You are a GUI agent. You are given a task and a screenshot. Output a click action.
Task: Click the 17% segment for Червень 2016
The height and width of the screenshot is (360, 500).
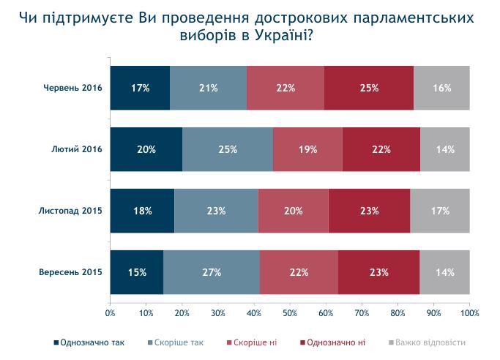click(x=140, y=88)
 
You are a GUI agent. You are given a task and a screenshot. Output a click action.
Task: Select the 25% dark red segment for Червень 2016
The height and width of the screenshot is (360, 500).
click(x=369, y=88)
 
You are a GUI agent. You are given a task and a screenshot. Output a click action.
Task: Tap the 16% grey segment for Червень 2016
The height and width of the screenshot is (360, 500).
click(x=441, y=88)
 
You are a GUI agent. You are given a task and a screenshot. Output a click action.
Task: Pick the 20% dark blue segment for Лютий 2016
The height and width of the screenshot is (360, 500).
click(x=146, y=149)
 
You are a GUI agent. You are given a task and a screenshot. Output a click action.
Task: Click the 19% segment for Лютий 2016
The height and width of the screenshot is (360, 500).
click(x=307, y=149)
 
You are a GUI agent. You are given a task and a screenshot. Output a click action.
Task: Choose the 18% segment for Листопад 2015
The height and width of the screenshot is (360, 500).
click(x=142, y=211)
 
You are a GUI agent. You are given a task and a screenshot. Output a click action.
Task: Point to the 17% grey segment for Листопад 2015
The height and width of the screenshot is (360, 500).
click(x=439, y=211)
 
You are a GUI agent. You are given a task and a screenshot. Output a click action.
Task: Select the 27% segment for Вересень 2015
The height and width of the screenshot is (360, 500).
click(x=212, y=272)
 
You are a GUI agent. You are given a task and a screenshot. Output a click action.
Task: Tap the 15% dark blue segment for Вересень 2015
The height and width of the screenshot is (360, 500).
click(x=137, y=272)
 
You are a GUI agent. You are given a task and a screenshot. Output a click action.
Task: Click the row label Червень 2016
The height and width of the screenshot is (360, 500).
click(x=71, y=88)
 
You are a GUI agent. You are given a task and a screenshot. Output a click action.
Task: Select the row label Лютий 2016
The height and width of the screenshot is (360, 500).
click(x=76, y=149)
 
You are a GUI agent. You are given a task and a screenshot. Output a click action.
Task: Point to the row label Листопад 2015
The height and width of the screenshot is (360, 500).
click(x=70, y=211)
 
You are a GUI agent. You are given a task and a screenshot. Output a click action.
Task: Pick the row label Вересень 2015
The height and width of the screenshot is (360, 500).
click(x=70, y=272)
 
